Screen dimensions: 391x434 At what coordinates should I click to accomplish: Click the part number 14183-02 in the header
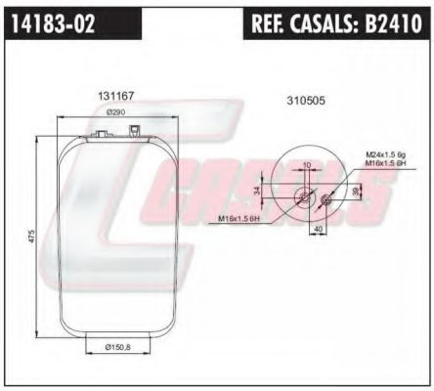(54, 24)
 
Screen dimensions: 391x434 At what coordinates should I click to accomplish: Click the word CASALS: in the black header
(329, 24)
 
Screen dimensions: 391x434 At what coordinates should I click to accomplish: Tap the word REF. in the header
(272, 24)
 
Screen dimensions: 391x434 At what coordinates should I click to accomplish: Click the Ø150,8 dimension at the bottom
(118, 346)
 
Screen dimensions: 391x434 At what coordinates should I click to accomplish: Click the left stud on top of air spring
(103, 127)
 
